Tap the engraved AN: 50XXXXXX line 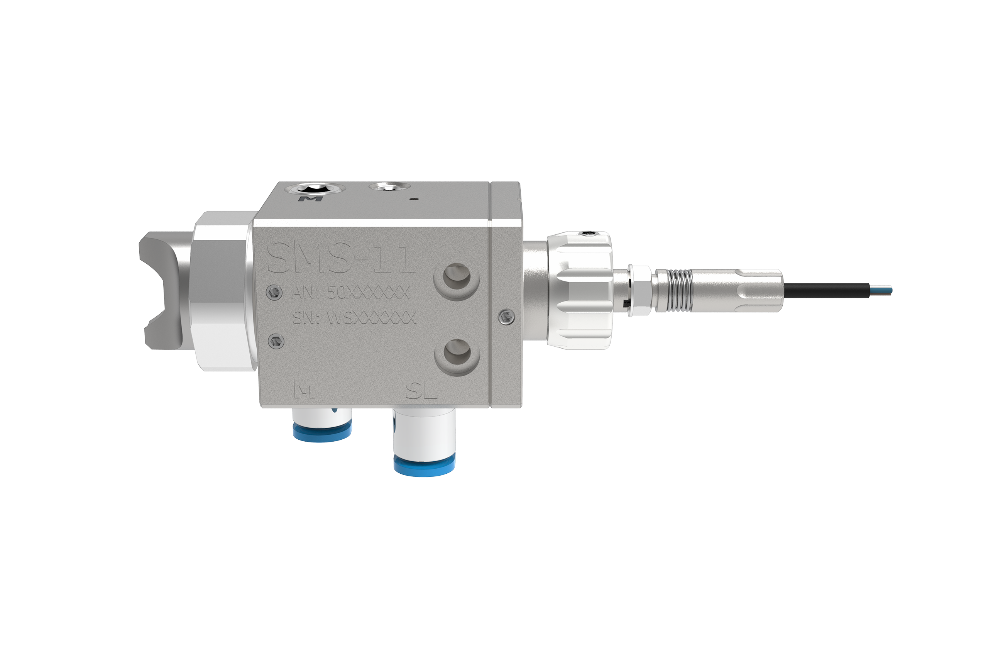click(x=350, y=293)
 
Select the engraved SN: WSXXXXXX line click(x=354, y=317)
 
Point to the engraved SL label click(x=421, y=393)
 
